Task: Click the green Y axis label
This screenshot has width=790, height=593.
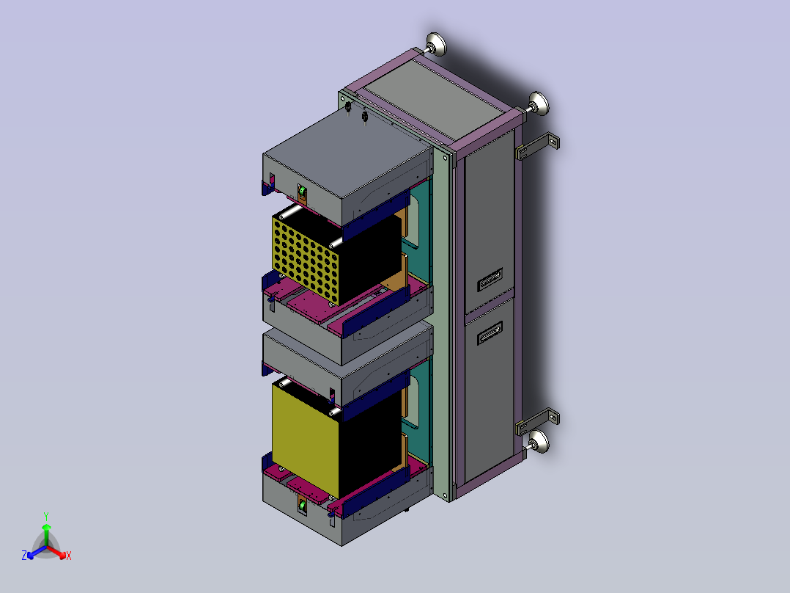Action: click(x=46, y=516)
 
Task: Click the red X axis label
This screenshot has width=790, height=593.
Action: click(x=69, y=556)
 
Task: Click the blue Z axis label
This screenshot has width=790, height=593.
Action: click(x=24, y=556)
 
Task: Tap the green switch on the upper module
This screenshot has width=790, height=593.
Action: click(x=302, y=192)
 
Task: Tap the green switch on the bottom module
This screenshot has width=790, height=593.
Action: click(x=302, y=504)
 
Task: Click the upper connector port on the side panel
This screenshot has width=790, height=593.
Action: click(x=490, y=280)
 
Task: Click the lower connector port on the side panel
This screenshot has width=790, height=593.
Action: click(x=490, y=332)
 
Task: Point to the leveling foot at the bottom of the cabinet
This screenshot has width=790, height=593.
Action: click(x=538, y=442)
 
